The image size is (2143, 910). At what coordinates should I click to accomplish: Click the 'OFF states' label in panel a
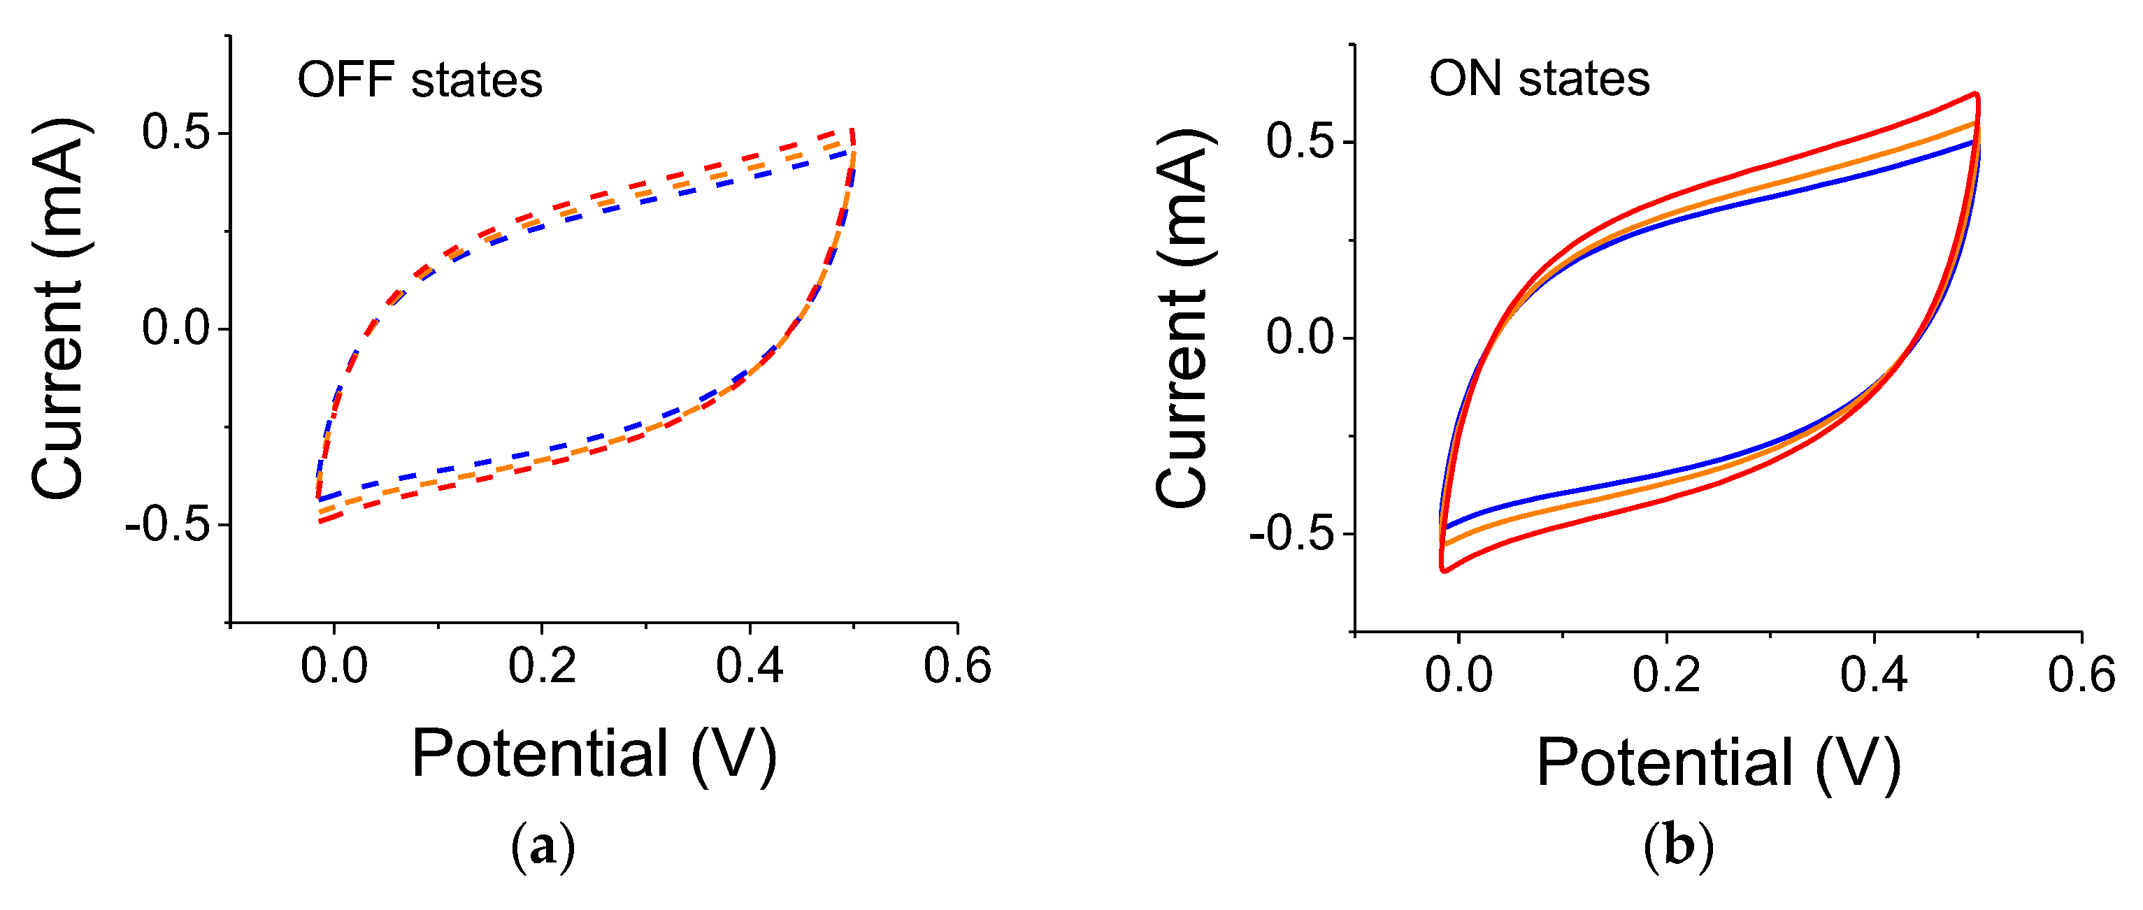pos(420,80)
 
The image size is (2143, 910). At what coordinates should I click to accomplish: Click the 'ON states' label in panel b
pos(1539,79)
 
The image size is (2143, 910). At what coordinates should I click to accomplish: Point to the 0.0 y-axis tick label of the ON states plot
pos(1300,338)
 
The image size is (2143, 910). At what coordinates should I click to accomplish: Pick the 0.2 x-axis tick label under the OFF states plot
pos(542,666)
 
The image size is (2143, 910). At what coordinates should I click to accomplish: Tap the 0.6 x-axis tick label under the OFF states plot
pos(956,666)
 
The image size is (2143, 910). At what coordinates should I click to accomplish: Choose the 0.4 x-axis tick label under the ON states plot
pos(1873,674)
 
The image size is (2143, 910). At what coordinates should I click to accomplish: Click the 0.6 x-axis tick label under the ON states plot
pos(2081,674)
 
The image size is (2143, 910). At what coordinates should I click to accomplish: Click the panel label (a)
pos(543,847)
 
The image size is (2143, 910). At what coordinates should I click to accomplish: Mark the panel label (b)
pos(1679,847)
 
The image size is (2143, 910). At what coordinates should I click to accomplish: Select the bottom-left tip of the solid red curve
pos(1443,570)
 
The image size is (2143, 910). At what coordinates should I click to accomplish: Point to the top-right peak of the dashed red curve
pos(852,131)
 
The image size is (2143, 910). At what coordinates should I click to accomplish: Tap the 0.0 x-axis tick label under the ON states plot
pos(1458,674)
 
